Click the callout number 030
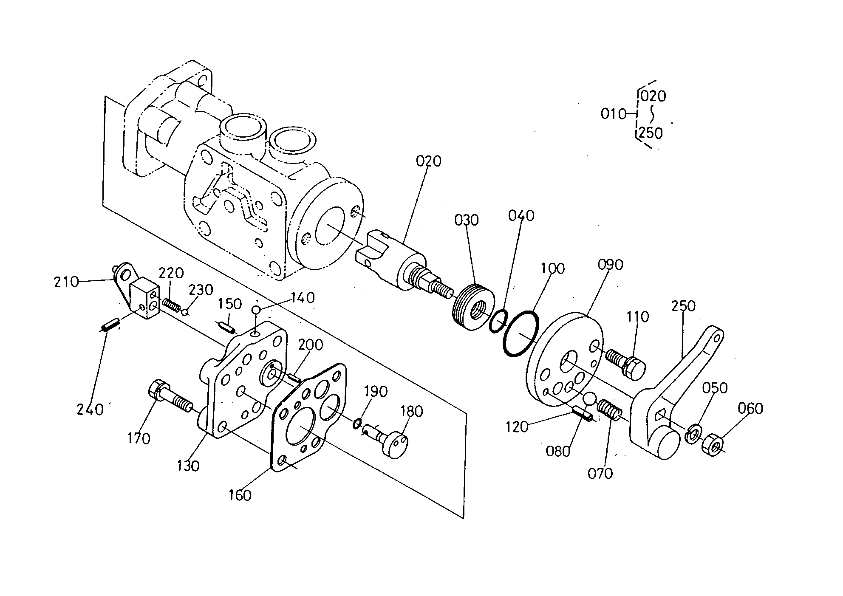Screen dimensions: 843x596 pos(467,220)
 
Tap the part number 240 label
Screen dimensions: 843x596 pos(90,410)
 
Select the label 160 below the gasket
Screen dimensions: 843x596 pos(240,495)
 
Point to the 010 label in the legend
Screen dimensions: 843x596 pos(614,114)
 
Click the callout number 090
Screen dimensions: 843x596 pos(610,265)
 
